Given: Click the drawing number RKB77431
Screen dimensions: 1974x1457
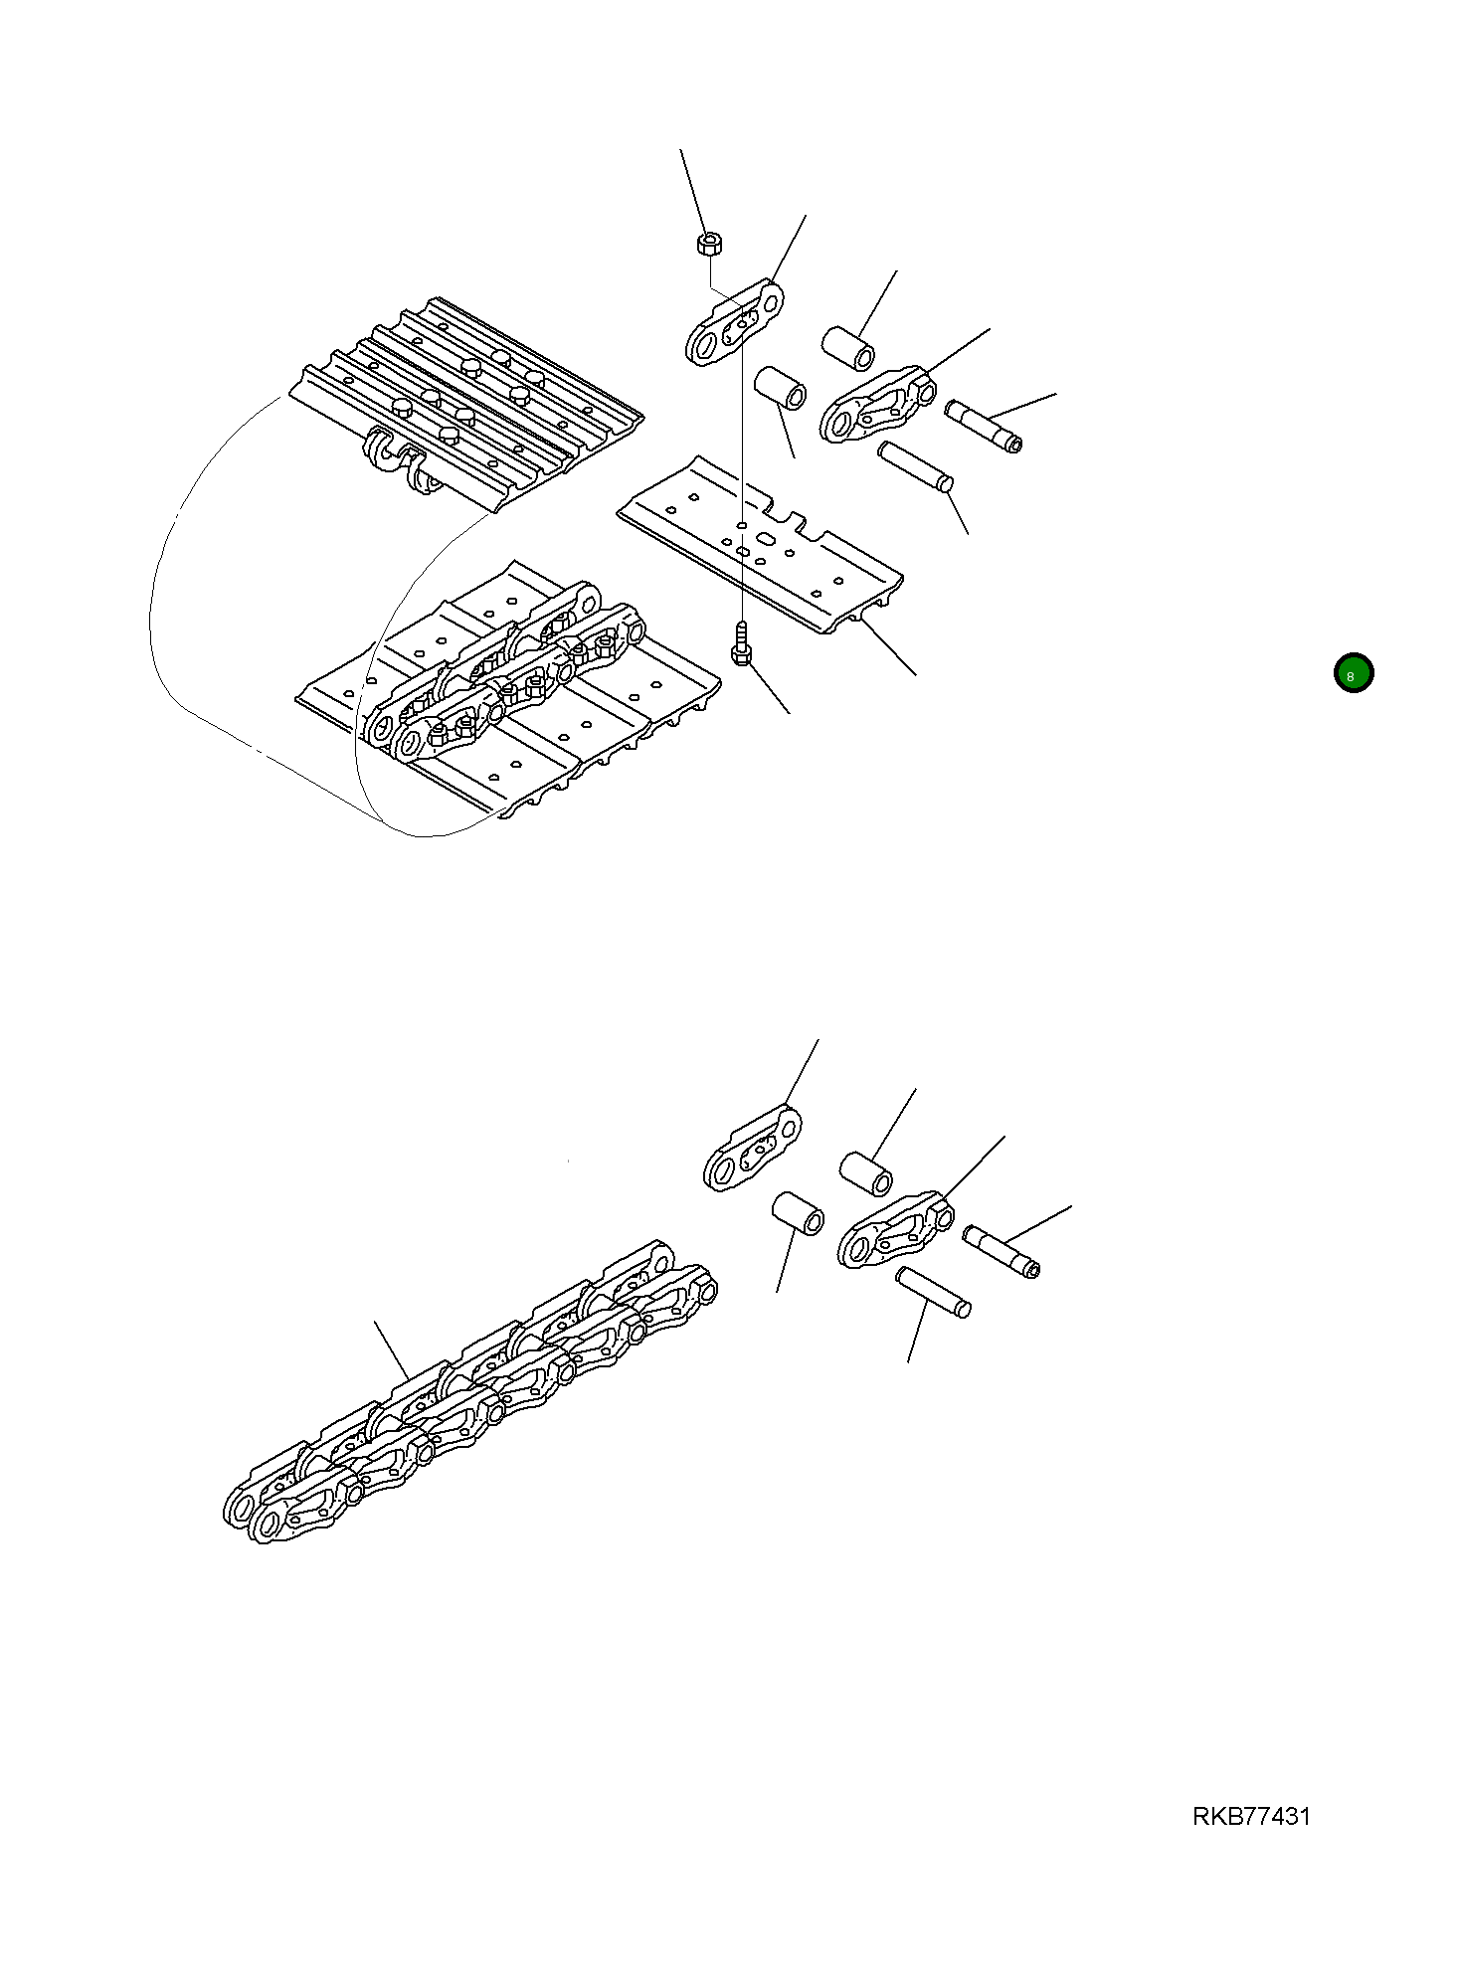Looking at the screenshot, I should tap(1251, 1816).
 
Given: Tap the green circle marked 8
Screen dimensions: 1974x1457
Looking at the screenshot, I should tap(1353, 674).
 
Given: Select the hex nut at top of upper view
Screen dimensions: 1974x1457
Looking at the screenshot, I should tap(708, 242).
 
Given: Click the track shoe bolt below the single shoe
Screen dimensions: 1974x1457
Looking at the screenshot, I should tap(740, 645).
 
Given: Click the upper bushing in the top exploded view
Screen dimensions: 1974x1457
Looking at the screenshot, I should tap(848, 345).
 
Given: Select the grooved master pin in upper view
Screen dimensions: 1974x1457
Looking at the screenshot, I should tap(984, 426).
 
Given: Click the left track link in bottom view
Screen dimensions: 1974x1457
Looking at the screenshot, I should tap(752, 1149).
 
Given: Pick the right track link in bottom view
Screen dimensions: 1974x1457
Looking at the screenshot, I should tap(895, 1230).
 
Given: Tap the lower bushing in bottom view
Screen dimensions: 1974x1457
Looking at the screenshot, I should tap(798, 1213).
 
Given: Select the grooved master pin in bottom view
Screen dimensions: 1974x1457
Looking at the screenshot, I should tap(1001, 1251).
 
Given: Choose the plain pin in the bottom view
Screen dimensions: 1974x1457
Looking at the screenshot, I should tap(933, 1293).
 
